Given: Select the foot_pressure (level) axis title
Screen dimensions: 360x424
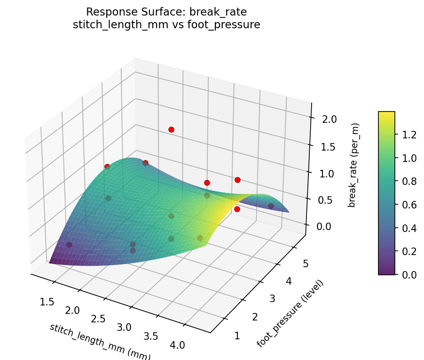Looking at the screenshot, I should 290,313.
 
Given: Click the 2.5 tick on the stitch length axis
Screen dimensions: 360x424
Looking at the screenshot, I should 98,319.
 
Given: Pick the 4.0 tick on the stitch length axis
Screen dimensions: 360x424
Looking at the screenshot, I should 177,345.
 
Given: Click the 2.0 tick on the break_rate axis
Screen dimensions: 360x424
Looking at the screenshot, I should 329,119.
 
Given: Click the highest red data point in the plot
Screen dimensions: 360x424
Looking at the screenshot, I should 171,129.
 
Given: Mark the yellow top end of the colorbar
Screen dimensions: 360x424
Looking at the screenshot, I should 386,113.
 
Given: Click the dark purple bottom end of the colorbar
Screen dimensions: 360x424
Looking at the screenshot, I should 386,272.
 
